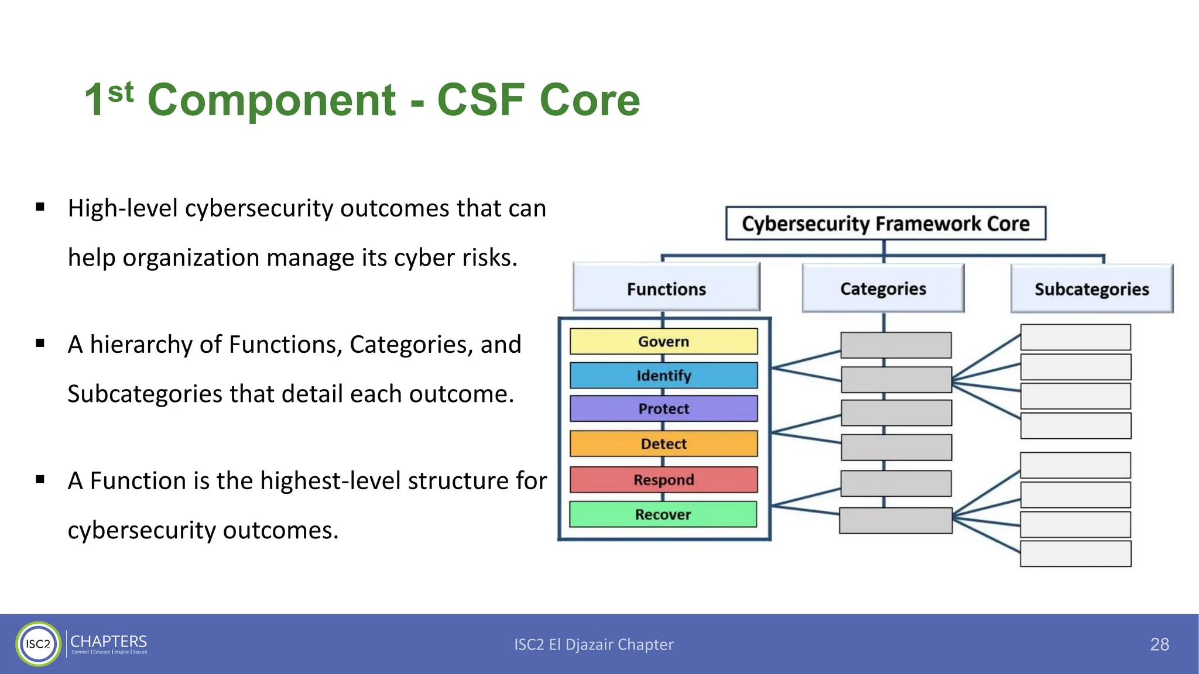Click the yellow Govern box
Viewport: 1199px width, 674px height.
click(663, 342)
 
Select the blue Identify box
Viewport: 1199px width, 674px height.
click(663, 376)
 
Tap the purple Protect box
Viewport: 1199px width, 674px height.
click(663, 409)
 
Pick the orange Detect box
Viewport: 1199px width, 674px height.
click(663, 444)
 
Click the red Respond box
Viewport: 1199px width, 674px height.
click(663, 480)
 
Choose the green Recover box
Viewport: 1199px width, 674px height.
click(663, 515)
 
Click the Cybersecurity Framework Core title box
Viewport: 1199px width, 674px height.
click(885, 223)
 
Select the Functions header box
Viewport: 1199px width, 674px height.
click(666, 288)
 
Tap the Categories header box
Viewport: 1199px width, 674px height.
click(883, 288)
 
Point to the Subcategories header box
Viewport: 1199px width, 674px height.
click(1091, 289)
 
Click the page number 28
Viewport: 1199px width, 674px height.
click(1159, 644)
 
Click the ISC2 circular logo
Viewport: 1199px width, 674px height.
click(38, 644)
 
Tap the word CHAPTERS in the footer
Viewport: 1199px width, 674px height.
click(109, 641)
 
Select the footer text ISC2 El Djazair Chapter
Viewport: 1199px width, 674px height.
click(594, 644)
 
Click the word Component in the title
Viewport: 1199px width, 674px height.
click(272, 101)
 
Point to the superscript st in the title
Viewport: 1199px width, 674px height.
click(121, 92)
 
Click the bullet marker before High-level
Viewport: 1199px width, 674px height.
click(40, 207)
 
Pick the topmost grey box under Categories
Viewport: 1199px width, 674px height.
click(896, 345)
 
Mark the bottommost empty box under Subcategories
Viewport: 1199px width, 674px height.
click(1075, 554)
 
